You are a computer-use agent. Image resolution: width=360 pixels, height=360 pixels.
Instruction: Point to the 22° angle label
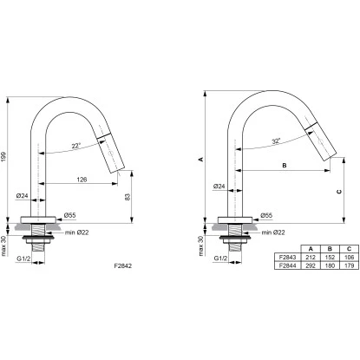click(x=75, y=146)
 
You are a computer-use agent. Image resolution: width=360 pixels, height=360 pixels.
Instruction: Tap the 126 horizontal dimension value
click(x=82, y=180)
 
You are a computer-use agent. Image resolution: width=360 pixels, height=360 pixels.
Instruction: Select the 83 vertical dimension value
click(x=128, y=197)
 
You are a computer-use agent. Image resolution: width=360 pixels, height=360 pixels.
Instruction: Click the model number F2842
click(x=123, y=265)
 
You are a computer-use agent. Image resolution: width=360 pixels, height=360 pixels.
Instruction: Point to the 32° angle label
click(x=276, y=141)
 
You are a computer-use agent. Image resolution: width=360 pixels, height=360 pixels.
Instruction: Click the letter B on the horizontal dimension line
click(x=285, y=166)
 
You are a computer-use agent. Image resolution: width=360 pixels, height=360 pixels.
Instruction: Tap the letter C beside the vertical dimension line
click(x=339, y=192)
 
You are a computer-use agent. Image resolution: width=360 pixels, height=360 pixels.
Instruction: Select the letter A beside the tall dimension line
click(x=201, y=159)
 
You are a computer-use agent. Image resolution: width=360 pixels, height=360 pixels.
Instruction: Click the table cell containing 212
click(x=311, y=257)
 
